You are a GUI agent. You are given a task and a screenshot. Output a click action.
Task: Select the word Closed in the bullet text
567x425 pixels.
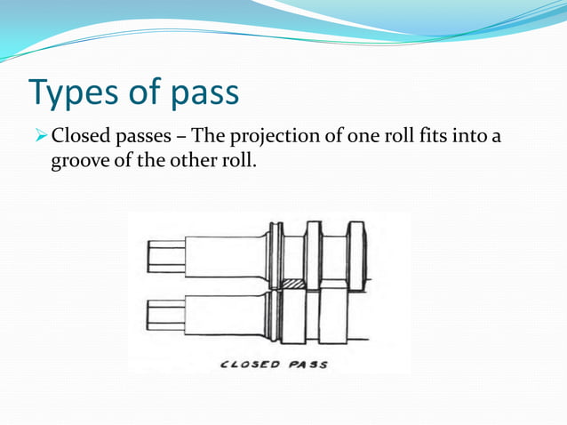pyautogui.click(x=80, y=138)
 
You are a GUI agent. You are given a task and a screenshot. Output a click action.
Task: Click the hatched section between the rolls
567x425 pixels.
pyautogui.click(x=292, y=285)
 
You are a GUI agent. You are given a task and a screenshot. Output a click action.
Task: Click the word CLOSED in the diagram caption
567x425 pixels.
pyautogui.click(x=249, y=364)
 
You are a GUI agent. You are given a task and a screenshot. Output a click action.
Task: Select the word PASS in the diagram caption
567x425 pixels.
pyautogui.click(x=307, y=364)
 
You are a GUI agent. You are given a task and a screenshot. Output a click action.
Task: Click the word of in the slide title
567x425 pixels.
pyautogui.click(x=158, y=93)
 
